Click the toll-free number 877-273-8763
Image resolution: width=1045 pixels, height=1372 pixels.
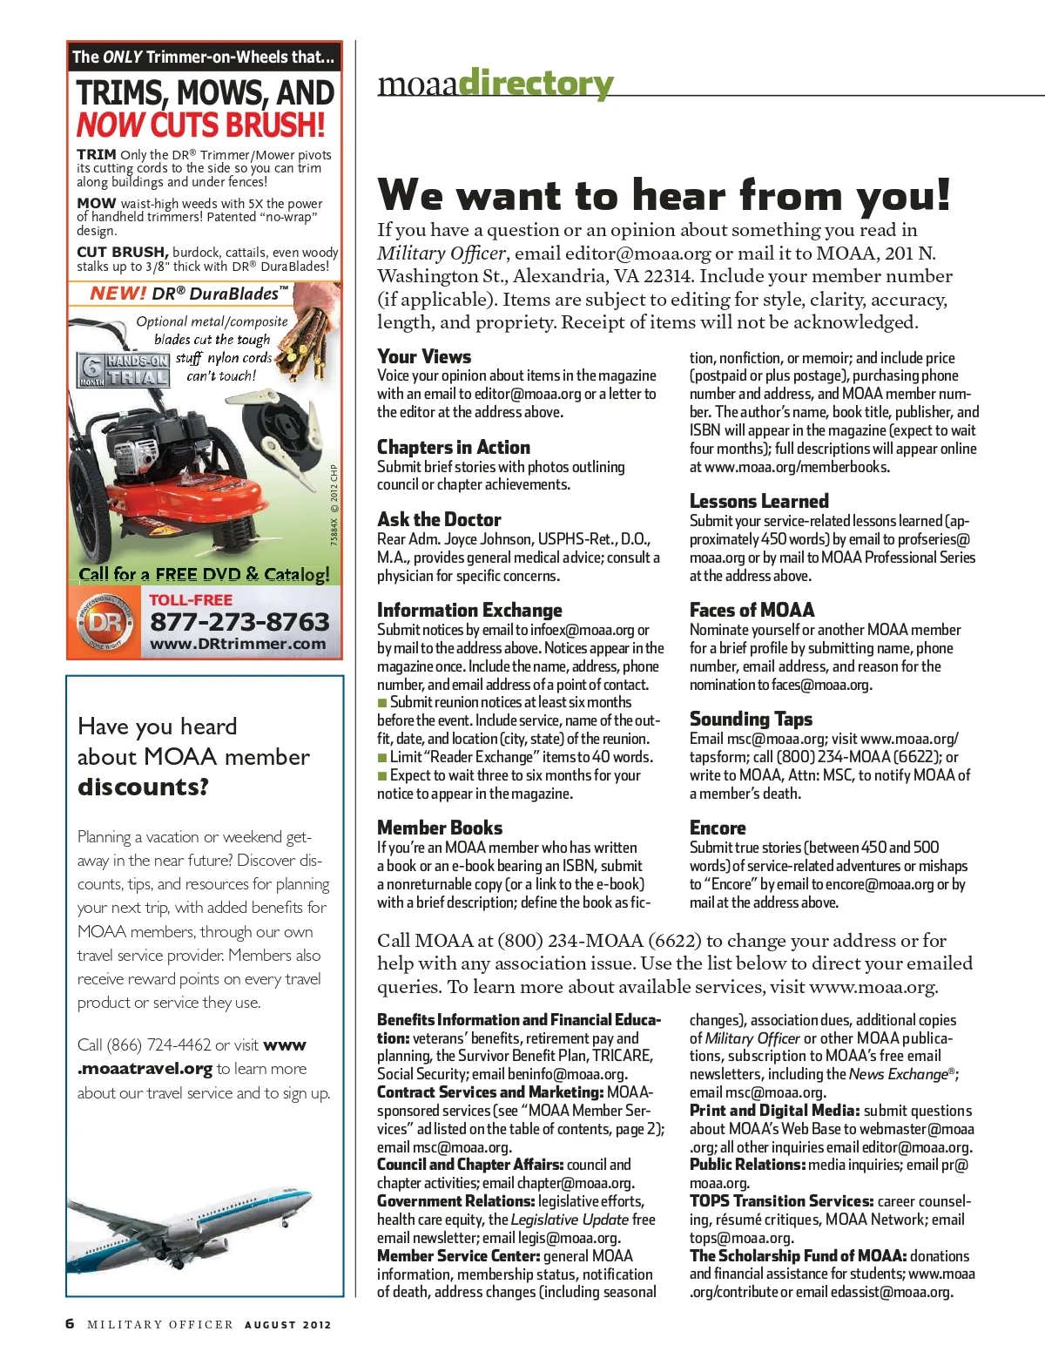click(x=239, y=622)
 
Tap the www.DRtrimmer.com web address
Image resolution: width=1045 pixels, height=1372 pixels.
click(x=238, y=645)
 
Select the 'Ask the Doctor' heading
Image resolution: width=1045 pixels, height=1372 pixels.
click(x=439, y=520)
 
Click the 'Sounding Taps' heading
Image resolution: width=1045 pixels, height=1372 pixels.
click(x=751, y=719)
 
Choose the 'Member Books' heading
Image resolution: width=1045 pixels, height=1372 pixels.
click(x=440, y=828)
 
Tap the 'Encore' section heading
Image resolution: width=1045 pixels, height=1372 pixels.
click(x=718, y=828)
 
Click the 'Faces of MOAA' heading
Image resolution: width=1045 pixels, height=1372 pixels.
click(x=752, y=610)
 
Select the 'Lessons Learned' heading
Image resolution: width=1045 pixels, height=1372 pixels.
click(x=758, y=501)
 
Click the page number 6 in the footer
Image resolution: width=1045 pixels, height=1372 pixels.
click(x=71, y=1324)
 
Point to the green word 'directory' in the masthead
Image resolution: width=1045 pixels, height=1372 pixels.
click(x=536, y=84)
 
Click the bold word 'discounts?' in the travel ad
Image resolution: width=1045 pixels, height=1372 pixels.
click(x=143, y=787)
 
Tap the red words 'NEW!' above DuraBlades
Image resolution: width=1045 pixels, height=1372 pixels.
click(x=118, y=294)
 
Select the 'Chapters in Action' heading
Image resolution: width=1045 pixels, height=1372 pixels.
click(x=453, y=447)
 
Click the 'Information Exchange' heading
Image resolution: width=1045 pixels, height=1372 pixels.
click(x=469, y=610)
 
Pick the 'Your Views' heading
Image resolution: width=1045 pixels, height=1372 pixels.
click(x=424, y=356)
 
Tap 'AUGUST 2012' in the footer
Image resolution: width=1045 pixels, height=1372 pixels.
click(x=287, y=1325)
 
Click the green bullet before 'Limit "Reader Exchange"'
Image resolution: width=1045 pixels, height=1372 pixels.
click(x=381, y=757)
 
